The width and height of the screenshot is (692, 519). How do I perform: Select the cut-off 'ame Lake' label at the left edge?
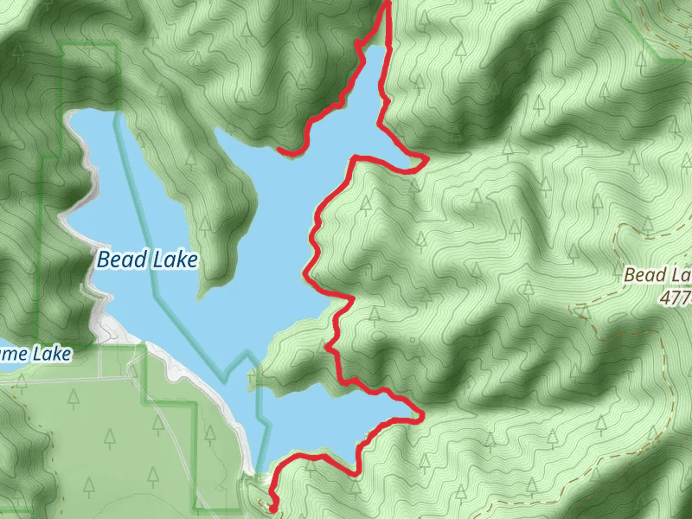pyautogui.click(x=35, y=353)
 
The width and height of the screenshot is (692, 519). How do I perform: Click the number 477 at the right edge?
pyautogui.click(x=675, y=298)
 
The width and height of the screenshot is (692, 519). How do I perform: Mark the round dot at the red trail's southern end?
pyautogui.click(x=272, y=509)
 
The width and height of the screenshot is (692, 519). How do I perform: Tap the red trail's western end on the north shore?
pyautogui.click(x=279, y=151)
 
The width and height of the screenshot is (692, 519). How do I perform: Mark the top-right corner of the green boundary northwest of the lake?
pyautogui.click(x=116, y=43)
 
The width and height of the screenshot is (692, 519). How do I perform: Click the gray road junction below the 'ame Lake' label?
pyautogui.click(x=101, y=377)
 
